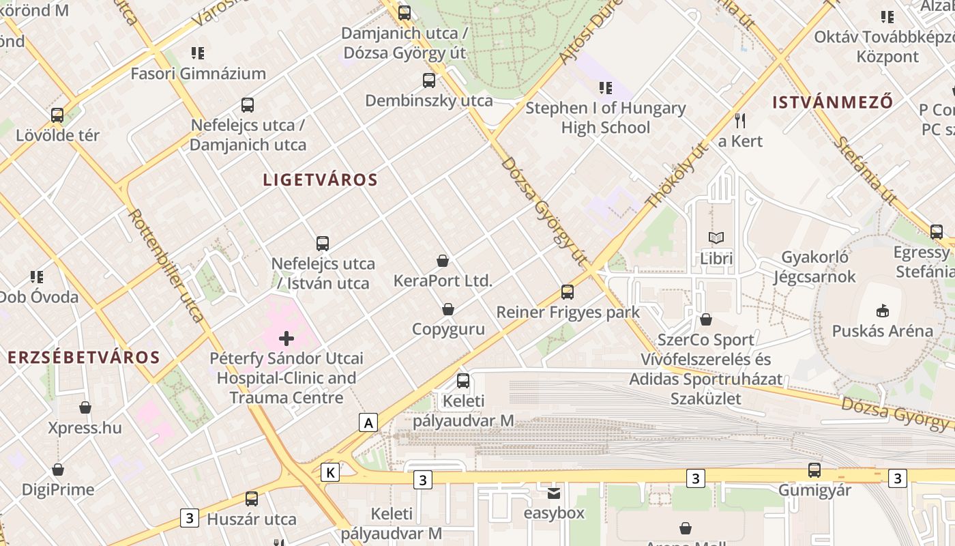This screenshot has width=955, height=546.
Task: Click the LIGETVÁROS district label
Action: click(x=320, y=180)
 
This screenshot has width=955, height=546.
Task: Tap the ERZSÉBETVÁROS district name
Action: click(x=84, y=358)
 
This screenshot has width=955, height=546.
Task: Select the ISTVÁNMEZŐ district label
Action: click(x=832, y=103)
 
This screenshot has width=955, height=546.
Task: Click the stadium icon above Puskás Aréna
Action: click(x=882, y=311)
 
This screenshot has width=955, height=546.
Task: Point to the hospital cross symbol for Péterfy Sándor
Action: click(x=286, y=338)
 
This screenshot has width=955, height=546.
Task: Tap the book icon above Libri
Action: click(x=716, y=238)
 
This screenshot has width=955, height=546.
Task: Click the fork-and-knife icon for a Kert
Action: click(x=740, y=121)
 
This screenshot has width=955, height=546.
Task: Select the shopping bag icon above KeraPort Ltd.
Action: click(x=443, y=261)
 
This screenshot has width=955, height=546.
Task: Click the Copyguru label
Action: click(x=448, y=329)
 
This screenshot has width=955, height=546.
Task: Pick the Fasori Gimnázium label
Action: click(x=198, y=74)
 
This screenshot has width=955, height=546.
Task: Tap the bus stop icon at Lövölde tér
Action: click(x=57, y=115)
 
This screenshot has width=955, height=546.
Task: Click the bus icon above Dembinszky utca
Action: click(x=429, y=81)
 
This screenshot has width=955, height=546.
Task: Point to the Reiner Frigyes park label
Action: click(x=568, y=313)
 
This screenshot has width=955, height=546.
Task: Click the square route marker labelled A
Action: click(x=368, y=422)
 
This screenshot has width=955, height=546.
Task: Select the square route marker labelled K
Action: click(x=330, y=472)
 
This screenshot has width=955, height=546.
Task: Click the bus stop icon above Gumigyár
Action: click(x=814, y=470)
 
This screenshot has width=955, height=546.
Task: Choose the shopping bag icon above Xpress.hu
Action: click(x=85, y=408)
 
